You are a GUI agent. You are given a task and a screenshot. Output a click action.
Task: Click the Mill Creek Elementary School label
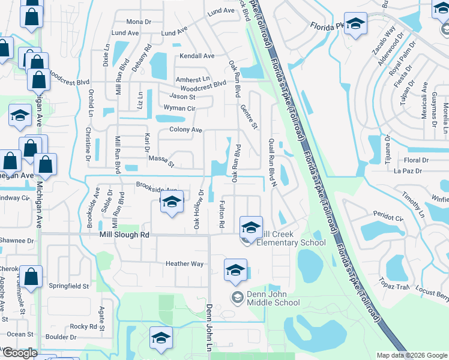tap(291, 238)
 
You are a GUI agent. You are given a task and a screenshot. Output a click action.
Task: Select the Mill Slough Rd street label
tap(124, 236)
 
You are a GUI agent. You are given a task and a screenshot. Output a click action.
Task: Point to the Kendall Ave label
tap(197, 56)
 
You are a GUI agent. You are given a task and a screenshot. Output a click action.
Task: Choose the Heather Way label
tap(184, 263)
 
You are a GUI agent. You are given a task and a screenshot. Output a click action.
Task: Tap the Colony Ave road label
tap(185, 130)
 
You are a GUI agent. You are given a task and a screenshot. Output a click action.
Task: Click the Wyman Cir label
tap(179, 109)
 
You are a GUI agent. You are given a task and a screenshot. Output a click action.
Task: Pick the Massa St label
tap(161, 160)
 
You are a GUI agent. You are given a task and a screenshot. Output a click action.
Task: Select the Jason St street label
tap(182, 97)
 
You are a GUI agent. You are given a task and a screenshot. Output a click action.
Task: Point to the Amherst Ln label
tap(193, 79)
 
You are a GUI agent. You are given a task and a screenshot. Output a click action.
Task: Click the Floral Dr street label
tap(416, 160)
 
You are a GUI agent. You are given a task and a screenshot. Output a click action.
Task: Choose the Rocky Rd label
tap(83, 327)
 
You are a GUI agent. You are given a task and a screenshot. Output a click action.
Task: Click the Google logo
tap(20, 353)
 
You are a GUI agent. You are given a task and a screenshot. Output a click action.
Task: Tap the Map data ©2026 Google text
tap(411, 355)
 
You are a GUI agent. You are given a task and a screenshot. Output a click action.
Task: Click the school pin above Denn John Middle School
tap(235, 271)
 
